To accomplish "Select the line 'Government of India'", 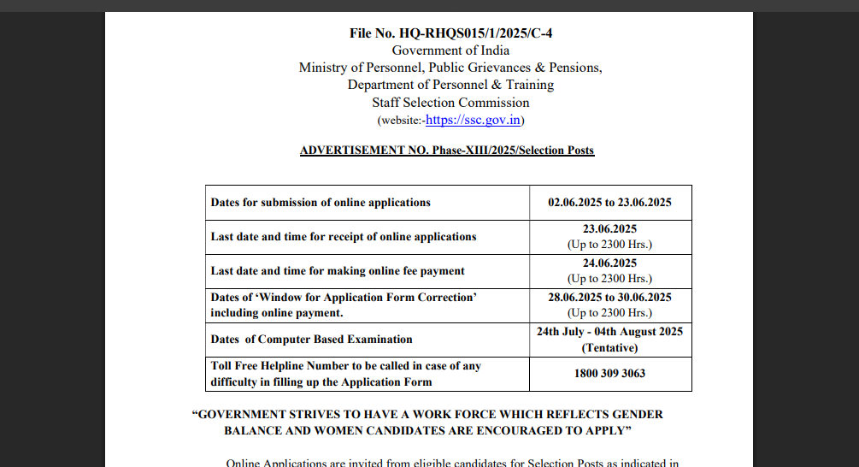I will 450,50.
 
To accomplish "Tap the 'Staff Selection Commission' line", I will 450,103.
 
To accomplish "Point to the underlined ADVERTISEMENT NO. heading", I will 446,151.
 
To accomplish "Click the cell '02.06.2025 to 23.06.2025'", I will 609,203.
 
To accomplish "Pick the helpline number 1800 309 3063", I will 609,374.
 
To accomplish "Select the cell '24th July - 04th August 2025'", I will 609,332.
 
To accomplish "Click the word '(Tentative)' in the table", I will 609,348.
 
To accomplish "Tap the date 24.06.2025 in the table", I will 609,263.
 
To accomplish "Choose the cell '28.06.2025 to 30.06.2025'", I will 609,298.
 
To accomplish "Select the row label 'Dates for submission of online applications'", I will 321,203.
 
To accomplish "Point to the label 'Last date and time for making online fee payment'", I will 338,271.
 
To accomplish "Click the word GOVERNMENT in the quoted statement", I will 243,414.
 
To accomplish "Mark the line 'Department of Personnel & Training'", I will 450,85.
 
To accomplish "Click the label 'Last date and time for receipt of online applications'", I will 344,236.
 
